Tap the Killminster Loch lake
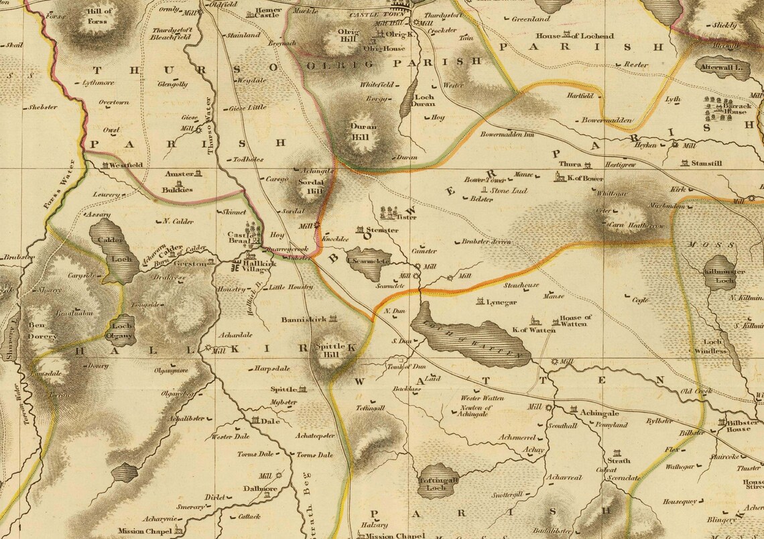pyautogui.click(x=720, y=272)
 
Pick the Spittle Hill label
pyautogui.click(x=329, y=351)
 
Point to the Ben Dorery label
pyautogui.click(x=42, y=331)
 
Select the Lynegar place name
pyautogui.click(x=501, y=302)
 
